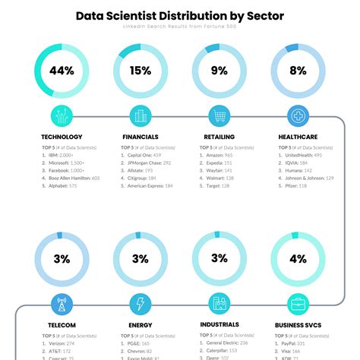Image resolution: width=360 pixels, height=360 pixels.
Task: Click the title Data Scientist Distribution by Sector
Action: click(180, 15)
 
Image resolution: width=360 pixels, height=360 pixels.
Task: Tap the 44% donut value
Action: click(62, 71)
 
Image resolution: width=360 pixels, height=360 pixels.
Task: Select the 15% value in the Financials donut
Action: click(141, 71)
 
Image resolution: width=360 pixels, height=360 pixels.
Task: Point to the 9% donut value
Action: click(219, 71)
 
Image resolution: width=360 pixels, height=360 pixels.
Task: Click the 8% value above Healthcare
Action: click(298, 71)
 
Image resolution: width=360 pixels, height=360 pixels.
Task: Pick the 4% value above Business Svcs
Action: click(298, 259)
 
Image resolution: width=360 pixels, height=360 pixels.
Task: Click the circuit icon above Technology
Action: click(62, 116)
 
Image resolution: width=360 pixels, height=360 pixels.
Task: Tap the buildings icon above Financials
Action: click(141, 116)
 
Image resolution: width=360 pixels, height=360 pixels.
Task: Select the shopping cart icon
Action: click(219, 116)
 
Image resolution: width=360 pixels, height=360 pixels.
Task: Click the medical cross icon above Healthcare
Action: click(298, 116)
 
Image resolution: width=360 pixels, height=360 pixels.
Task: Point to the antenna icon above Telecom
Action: click(62, 305)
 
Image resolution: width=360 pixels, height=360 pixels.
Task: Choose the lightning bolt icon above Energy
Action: click(141, 305)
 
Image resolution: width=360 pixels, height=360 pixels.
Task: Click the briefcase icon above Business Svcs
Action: click(298, 305)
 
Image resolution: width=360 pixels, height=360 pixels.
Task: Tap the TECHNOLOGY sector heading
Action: click(62, 137)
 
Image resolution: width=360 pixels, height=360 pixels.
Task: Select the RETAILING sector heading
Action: click(219, 137)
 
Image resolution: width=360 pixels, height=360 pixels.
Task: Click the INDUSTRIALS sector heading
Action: click(219, 324)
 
